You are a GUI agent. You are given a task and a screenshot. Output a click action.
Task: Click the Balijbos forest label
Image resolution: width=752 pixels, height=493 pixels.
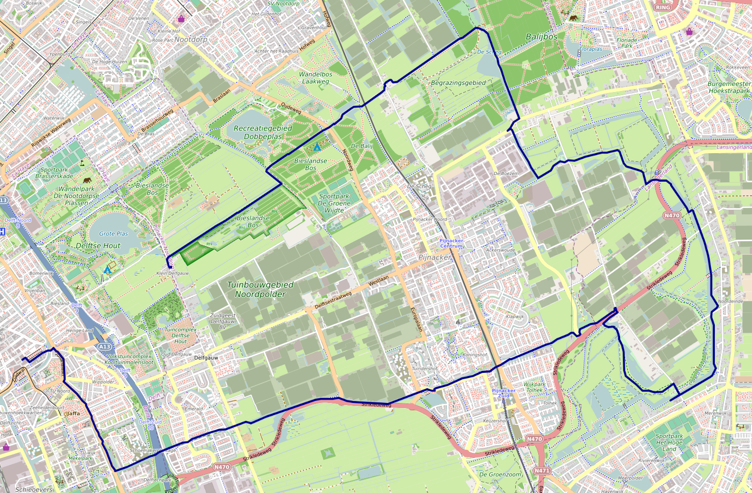[x=541, y=37]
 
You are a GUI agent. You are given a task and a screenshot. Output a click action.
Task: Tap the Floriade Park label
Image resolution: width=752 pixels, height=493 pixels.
[x=627, y=43]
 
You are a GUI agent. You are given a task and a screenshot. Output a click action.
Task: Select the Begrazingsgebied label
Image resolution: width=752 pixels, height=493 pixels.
[x=458, y=82]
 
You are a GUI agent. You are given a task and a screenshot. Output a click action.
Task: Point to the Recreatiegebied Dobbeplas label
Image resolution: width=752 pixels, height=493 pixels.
[x=263, y=132]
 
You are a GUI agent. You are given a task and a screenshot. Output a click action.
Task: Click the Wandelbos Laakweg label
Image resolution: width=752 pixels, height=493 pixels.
[x=316, y=78]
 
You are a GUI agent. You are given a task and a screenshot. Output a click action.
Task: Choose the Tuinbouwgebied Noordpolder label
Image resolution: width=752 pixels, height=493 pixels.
[x=260, y=289]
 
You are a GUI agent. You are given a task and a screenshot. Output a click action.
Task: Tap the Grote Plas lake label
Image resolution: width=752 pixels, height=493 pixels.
[x=114, y=234]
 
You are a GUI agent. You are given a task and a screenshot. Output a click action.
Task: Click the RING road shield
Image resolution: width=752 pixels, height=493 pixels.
[x=663, y=7]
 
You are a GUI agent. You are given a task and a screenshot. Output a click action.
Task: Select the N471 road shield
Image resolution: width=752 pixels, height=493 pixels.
[x=542, y=471]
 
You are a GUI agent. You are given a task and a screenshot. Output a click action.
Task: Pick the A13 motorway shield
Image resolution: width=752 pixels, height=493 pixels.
[x=104, y=346]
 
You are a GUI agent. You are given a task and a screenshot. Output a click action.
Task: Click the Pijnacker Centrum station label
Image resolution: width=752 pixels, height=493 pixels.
[x=451, y=243]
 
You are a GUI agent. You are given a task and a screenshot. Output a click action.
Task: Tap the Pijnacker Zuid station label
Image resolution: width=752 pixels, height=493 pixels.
[x=504, y=393]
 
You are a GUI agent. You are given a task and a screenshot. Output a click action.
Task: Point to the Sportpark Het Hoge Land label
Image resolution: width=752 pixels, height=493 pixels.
[x=669, y=442]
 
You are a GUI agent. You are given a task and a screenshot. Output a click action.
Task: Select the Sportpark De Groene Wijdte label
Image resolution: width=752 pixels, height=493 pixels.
[x=334, y=203]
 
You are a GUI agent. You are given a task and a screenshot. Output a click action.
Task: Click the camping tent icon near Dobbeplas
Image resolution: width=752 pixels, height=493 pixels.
[x=317, y=147]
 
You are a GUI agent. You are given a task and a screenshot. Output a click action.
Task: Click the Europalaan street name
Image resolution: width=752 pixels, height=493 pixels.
[x=416, y=320]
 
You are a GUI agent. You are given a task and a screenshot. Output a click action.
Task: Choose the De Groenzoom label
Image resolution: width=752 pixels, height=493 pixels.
[x=500, y=474]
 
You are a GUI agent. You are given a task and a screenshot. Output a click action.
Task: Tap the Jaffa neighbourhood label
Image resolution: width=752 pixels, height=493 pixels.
[x=73, y=413]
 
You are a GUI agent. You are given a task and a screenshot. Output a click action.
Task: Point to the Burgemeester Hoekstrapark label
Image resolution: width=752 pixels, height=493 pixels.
[x=729, y=87]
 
